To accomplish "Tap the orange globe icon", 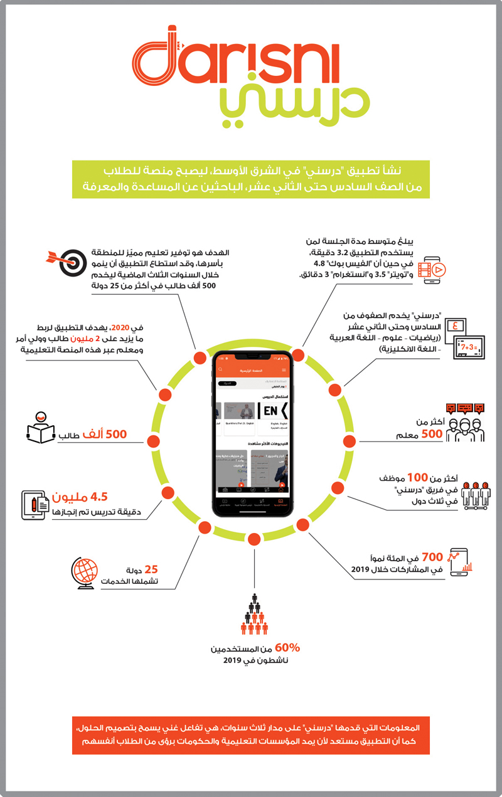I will coord(87,572).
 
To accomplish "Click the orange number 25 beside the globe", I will coord(151,569).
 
